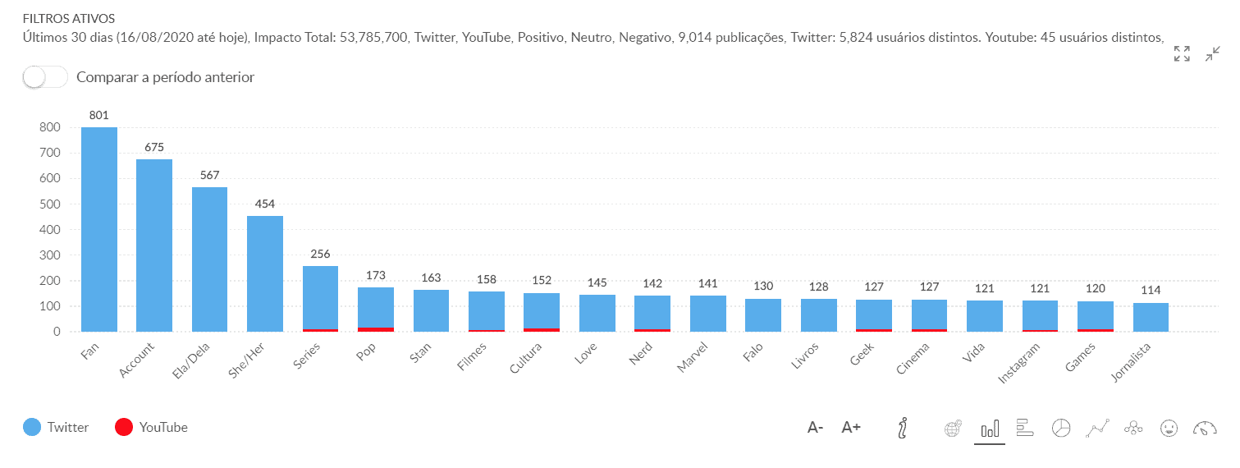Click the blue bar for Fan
[98, 230]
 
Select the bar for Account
[154, 246]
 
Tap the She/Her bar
[265, 274]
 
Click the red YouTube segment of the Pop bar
[376, 329]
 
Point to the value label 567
[209, 175]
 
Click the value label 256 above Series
[320, 254]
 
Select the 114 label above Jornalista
[1151, 290]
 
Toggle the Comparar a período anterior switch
[45, 77]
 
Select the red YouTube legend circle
[124, 427]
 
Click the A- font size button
[815, 427]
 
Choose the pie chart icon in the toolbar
[1061, 428]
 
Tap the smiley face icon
[1169, 428]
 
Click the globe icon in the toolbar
[953, 428]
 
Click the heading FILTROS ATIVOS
[69, 18]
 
